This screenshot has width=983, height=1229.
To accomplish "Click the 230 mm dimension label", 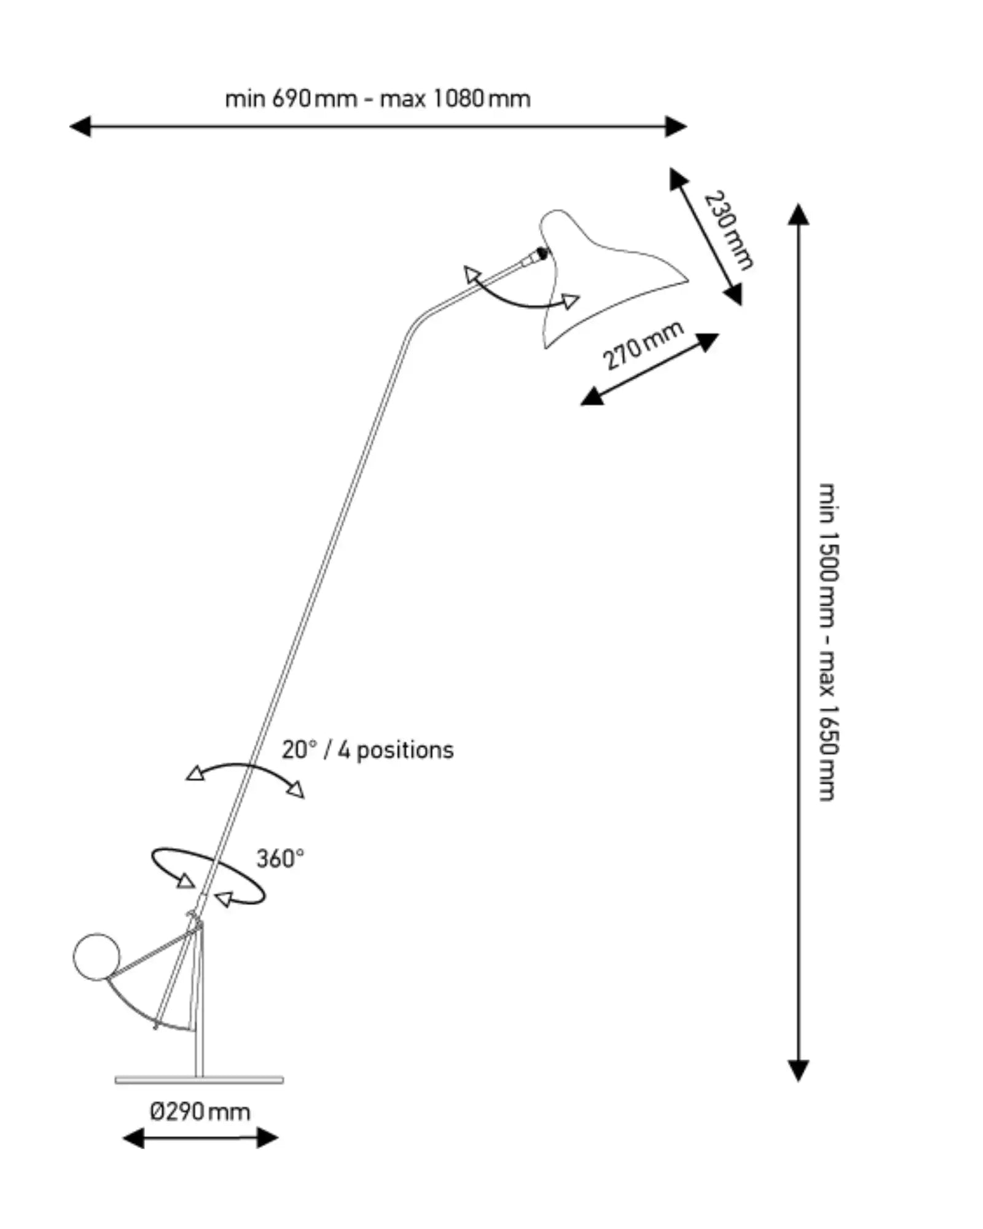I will [x=728, y=230].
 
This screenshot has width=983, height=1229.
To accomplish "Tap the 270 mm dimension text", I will [x=643, y=345].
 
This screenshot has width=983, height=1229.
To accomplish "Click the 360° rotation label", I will [x=280, y=858].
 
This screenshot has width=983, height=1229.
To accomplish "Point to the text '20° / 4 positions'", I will [x=367, y=750].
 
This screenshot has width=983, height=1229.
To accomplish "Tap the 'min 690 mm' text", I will [x=291, y=98].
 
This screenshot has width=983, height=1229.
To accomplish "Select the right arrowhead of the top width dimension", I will [x=676, y=127].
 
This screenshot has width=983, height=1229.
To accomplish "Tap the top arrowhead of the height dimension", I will [x=798, y=214].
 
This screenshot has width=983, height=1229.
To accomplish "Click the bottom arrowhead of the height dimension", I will [x=798, y=1070].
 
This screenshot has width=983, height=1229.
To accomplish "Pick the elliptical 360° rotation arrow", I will [x=209, y=876].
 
